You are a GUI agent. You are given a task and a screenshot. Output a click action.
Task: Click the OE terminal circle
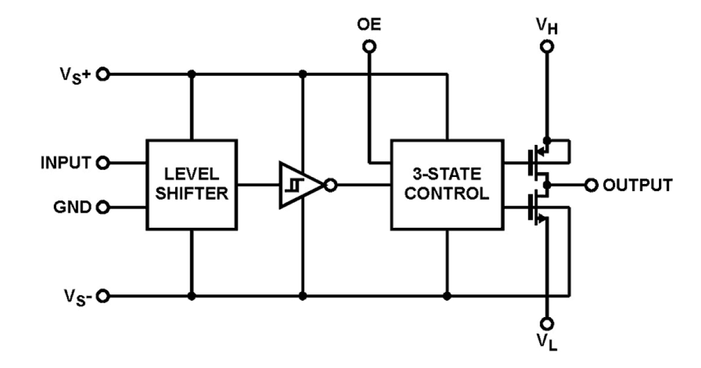pos(369,47)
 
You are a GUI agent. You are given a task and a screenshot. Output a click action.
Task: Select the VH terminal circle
pos(547,47)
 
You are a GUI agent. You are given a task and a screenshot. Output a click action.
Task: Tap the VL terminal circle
pos(547,324)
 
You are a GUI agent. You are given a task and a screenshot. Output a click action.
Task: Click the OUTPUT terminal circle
pos(591,185)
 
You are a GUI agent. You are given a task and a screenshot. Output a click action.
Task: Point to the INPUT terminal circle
pos(103,163)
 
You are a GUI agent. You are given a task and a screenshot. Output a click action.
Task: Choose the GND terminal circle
pos(103,207)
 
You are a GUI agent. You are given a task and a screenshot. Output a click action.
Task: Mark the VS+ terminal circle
pos(103,75)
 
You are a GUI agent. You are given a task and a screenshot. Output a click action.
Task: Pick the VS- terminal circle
pos(103,296)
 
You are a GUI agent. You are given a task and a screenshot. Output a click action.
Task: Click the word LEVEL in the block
pos(192,174)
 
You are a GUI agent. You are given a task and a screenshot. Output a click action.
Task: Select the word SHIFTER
pos(192,193)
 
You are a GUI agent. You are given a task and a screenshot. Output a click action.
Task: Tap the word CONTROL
pos(446,193)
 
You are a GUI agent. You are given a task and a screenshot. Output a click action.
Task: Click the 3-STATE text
pos(446,174)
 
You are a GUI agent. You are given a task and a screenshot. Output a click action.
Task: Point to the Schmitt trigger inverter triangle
pos(300,185)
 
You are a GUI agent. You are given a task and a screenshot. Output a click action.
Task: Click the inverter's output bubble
pos(331,185)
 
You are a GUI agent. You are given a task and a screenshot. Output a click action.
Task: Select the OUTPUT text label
pos(637,185)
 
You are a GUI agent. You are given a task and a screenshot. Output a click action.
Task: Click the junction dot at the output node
pos(547,185)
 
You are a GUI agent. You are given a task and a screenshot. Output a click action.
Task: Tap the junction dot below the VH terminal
pos(547,140)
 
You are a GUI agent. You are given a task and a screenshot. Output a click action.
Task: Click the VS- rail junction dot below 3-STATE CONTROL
pos(447,296)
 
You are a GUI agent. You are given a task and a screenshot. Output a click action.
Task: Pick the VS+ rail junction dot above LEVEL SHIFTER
pos(192,75)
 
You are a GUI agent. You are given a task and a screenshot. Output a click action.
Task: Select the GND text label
pos(72,207)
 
